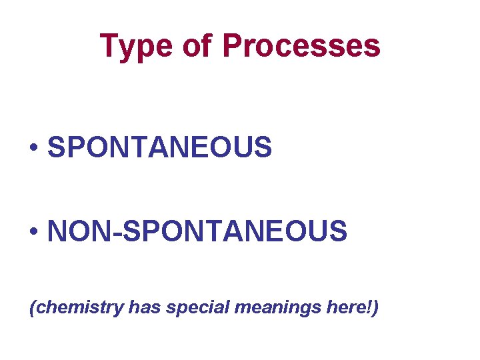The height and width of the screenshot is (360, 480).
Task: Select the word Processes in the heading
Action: click(301, 46)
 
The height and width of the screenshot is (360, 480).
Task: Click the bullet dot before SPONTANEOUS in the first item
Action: click(33, 148)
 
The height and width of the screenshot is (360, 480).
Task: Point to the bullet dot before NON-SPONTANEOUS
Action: click(33, 232)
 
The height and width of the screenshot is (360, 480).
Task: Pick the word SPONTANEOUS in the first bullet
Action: click(160, 147)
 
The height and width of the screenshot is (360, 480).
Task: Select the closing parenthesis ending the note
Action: click(375, 308)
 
